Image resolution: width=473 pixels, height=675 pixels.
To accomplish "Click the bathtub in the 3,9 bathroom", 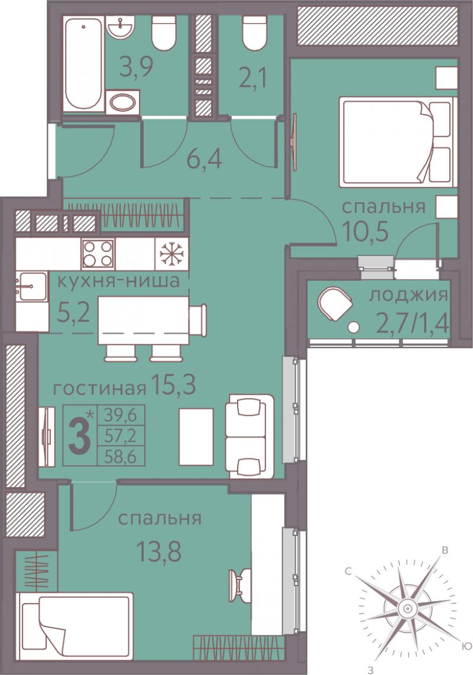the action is point(85,63).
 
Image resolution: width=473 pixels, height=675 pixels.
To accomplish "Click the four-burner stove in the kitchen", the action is point(98,254).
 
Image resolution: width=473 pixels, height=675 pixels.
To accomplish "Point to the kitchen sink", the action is point(31,286).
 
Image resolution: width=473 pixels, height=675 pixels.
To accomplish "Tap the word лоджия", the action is point(409,296).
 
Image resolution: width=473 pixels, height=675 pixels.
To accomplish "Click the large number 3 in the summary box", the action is point(80,435).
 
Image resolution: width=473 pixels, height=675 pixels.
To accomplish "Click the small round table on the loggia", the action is point(354,327).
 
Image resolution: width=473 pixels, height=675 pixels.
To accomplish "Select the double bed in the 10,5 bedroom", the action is point(397,142).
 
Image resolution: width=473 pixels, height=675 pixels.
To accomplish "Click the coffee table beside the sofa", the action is point(196,437).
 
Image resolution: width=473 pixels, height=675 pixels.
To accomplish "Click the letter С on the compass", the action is point(349,572).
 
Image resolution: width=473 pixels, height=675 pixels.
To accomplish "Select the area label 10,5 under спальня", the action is point(366,232).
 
